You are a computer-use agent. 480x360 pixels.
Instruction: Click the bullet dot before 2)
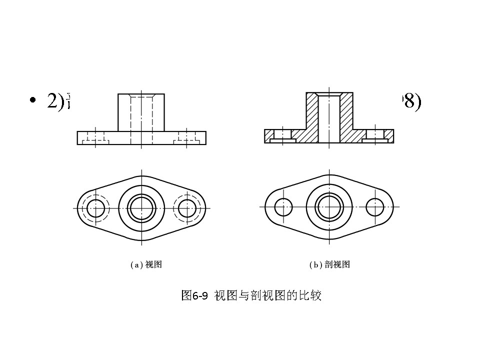coord(33,101)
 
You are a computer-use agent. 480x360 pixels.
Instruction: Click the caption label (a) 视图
coord(146,265)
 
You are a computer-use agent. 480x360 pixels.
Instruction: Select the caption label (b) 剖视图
coord(329,265)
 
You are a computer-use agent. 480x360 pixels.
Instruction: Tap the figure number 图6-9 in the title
coord(194,295)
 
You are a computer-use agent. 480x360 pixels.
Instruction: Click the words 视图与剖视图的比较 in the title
coord(267,295)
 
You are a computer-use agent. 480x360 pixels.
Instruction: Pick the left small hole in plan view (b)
coord(283,207)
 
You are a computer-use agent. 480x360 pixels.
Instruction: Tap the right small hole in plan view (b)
coord(375,207)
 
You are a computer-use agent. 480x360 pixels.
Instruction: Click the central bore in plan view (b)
coord(329,207)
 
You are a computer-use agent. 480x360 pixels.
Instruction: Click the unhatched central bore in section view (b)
coord(329,120)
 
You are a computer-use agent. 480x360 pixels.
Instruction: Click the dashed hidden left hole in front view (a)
coord(95,138)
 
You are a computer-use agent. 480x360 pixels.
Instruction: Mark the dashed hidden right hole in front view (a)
coord(187,138)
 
